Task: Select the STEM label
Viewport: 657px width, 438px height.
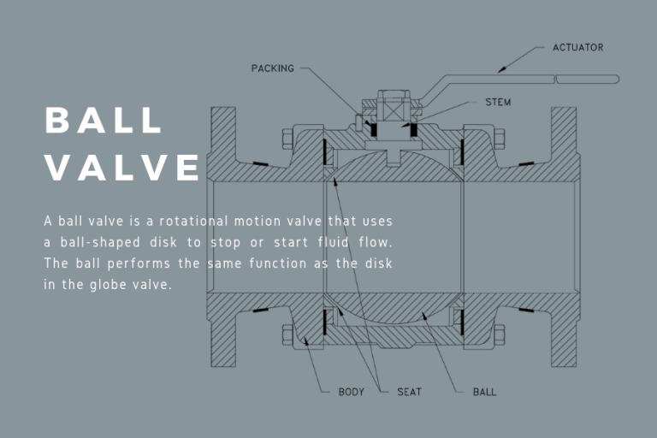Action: (498, 103)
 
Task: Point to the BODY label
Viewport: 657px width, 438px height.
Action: (352, 393)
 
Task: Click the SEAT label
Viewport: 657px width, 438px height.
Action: (409, 393)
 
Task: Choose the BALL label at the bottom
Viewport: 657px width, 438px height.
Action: (484, 393)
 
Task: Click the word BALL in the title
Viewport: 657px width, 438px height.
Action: (104, 121)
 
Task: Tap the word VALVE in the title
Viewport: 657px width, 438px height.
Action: (122, 168)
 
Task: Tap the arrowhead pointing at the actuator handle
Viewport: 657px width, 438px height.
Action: (503, 66)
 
